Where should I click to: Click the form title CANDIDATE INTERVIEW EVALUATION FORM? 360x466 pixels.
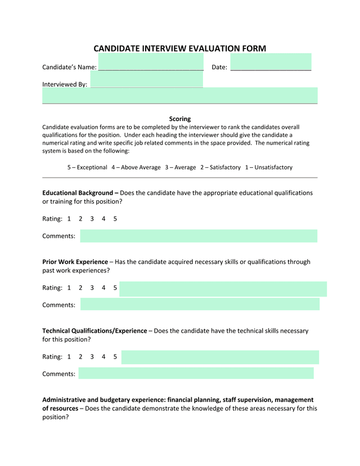(x=179, y=49)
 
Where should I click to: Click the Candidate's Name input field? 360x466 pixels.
(x=151, y=62)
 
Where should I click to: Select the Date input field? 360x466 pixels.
(x=271, y=62)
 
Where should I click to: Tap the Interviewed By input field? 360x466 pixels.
(x=146, y=80)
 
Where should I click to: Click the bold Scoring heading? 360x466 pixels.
(x=180, y=119)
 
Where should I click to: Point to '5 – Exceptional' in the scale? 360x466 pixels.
(x=87, y=167)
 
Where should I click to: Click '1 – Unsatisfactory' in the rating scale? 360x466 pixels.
(x=268, y=167)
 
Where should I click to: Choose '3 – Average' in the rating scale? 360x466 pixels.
(x=180, y=167)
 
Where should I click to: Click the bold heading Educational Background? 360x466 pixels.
(x=78, y=192)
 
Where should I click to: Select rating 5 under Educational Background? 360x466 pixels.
(x=115, y=218)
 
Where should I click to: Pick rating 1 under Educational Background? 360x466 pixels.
(x=69, y=218)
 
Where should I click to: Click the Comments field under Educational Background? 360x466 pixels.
(x=199, y=236)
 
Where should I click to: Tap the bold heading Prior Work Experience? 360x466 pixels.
(x=75, y=262)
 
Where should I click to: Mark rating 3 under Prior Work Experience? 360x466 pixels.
(x=92, y=288)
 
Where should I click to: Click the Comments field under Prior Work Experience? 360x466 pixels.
(x=200, y=304)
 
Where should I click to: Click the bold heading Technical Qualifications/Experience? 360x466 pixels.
(x=94, y=331)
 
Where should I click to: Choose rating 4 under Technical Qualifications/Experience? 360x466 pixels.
(x=103, y=357)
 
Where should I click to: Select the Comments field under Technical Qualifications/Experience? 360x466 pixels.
(x=196, y=373)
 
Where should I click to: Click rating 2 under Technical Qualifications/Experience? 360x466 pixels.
(x=80, y=357)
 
